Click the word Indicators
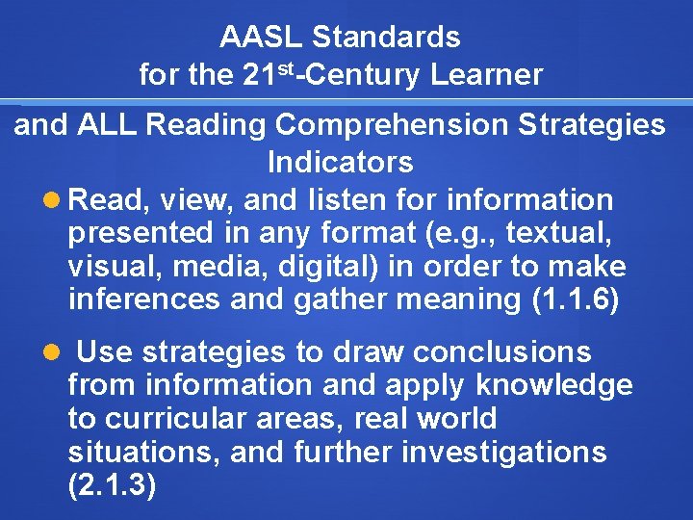pos(340,162)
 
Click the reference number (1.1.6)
pos(576,299)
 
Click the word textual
pos(562,233)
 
